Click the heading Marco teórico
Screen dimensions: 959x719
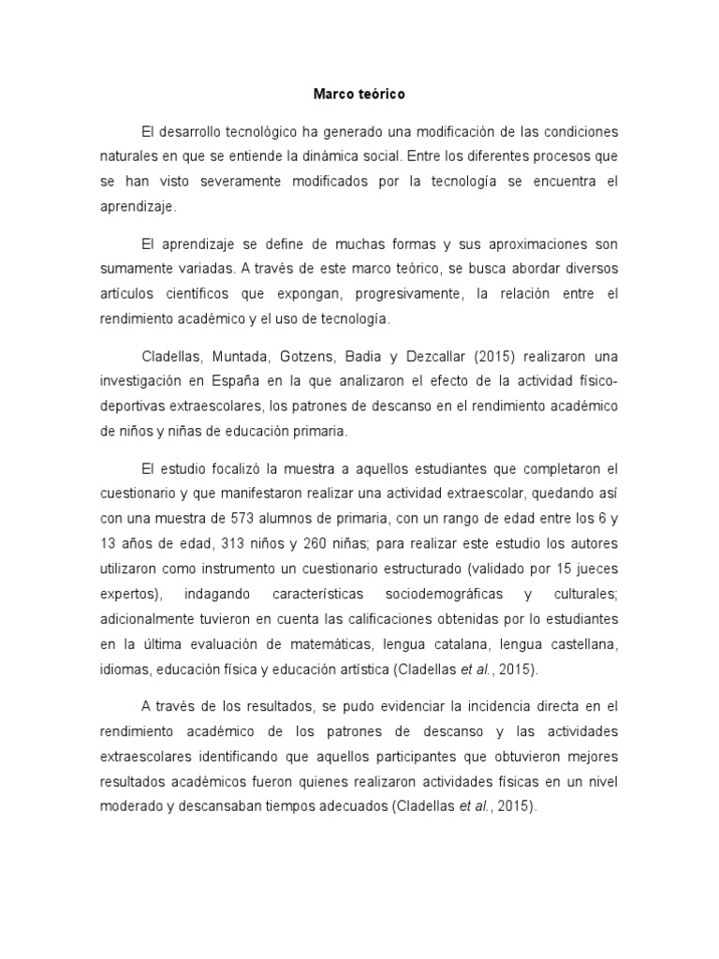359,95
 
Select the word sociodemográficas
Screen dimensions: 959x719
443,594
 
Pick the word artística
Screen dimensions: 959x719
353,670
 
